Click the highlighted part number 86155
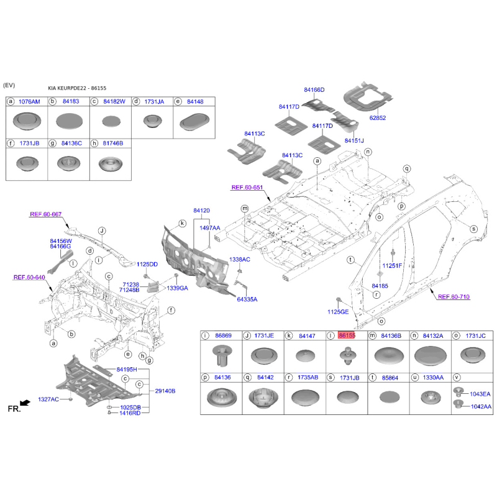[347, 335]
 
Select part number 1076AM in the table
[29, 102]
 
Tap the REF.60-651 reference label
[247, 188]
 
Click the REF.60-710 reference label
[454, 297]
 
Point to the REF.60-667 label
[45, 214]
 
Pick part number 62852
[378, 118]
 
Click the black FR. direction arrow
[25, 403]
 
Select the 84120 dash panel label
[201, 211]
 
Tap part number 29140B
[165, 391]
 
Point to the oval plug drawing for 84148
[194, 122]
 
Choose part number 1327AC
[48, 399]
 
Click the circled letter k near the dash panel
[182, 224]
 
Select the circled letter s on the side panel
[473, 229]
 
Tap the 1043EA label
[480, 394]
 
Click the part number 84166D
[314, 90]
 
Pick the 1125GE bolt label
[338, 312]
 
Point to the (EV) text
[9, 85]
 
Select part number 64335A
[247, 299]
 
